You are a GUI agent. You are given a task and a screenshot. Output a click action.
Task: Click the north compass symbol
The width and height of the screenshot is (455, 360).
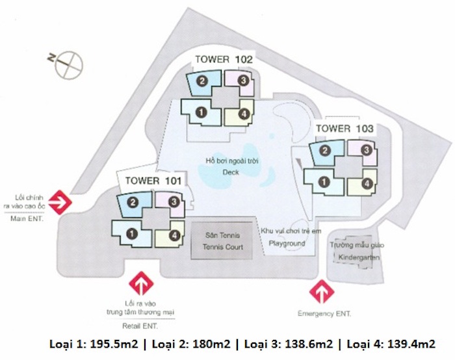click(69, 64)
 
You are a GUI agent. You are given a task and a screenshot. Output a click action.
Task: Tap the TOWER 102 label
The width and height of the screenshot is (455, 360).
click(223, 60)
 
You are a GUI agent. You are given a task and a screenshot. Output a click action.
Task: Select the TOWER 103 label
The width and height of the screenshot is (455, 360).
click(344, 129)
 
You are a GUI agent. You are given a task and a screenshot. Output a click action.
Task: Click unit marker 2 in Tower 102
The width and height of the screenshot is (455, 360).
click(202, 81)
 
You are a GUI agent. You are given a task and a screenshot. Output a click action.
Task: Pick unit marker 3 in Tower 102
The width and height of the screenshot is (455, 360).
click(242, 81)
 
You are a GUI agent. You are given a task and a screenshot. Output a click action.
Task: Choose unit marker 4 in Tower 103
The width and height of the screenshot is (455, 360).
click(367, 183)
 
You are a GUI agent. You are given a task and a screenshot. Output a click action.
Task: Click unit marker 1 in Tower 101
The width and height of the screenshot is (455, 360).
click(132, 232)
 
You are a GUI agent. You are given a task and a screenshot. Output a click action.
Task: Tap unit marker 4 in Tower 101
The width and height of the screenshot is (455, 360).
click(174, 235)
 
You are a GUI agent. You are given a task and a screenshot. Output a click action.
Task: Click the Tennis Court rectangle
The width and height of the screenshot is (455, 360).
click(221, 239)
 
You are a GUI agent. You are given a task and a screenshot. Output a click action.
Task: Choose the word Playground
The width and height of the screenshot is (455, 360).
click(287, 244)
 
